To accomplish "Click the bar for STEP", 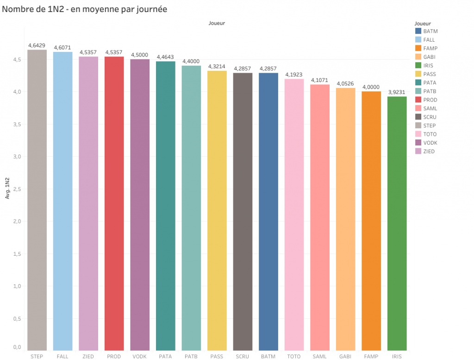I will [x=37, y=199].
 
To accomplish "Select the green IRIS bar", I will [x=397, y=222].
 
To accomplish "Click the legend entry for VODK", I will [x=430, y=143].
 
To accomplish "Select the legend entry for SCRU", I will [x=430, y=117].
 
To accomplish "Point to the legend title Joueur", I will [x=423, y=23].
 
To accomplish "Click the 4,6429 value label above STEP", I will [x=37, y=45].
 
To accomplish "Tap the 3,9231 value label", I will [x=397, y=92].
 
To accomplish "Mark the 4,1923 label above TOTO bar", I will [x=294, y=75].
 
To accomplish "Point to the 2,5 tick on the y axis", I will [x=17, y=189].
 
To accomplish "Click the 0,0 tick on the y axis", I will [x=17, y=347].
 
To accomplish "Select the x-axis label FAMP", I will [x=371, y=356].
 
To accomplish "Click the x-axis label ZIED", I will [x=88, y=356].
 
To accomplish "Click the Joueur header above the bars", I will [x=217, y=23].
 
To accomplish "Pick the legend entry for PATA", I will [x=430, y=82].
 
